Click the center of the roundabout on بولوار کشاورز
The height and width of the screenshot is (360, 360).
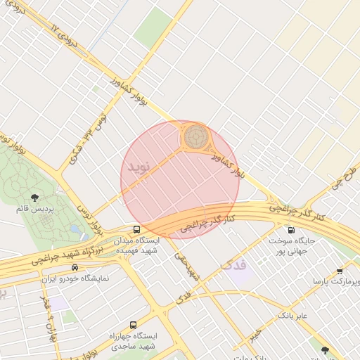(197, 136)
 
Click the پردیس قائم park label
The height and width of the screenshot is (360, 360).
(34, 209)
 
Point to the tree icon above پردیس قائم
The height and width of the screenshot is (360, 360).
(34, 198)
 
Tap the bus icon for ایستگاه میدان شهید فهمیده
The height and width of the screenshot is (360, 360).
(136, 229)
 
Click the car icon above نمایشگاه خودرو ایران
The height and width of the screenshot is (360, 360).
(75, 268)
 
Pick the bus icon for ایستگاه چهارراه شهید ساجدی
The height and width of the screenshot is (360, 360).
(134, 325)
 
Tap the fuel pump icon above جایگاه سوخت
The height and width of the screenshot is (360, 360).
(291, 230)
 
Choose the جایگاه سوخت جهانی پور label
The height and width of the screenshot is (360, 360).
(291, 245)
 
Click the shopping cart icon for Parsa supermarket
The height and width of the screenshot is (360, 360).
(340, 271)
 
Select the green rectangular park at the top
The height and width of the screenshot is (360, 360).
(153, 27)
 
